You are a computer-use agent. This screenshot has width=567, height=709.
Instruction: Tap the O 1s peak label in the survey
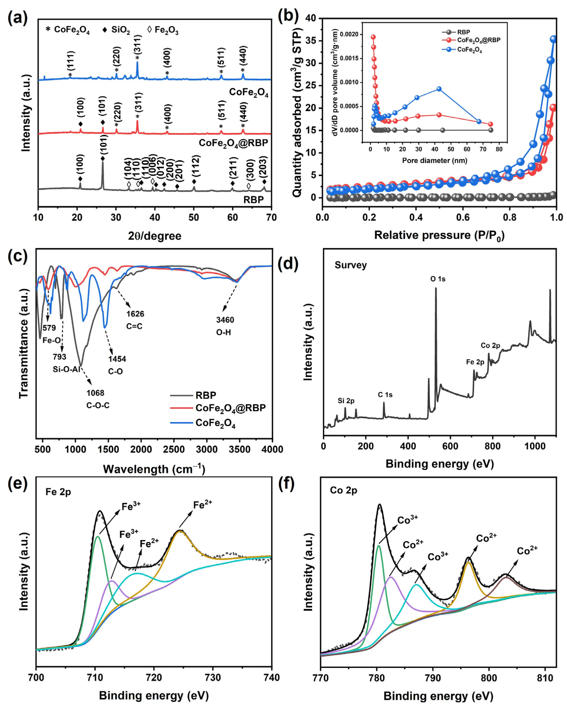[x=438, y=279]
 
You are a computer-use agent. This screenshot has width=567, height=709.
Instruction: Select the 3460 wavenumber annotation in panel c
[x=225, y=320]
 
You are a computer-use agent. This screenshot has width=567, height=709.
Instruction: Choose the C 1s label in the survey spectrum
[x=385, y=395]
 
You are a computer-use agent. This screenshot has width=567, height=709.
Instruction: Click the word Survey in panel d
[x=351, y=265]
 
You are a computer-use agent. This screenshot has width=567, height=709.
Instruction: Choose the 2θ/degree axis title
[x=155, y=236]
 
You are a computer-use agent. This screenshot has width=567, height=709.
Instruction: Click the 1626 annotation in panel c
[x=135, y=314]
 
